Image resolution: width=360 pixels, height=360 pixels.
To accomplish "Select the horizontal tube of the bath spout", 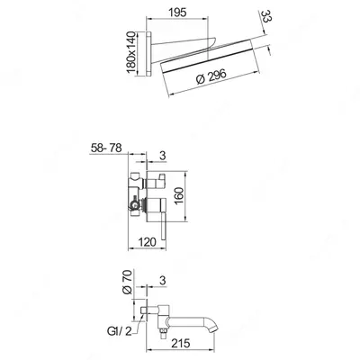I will point(184,310).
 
